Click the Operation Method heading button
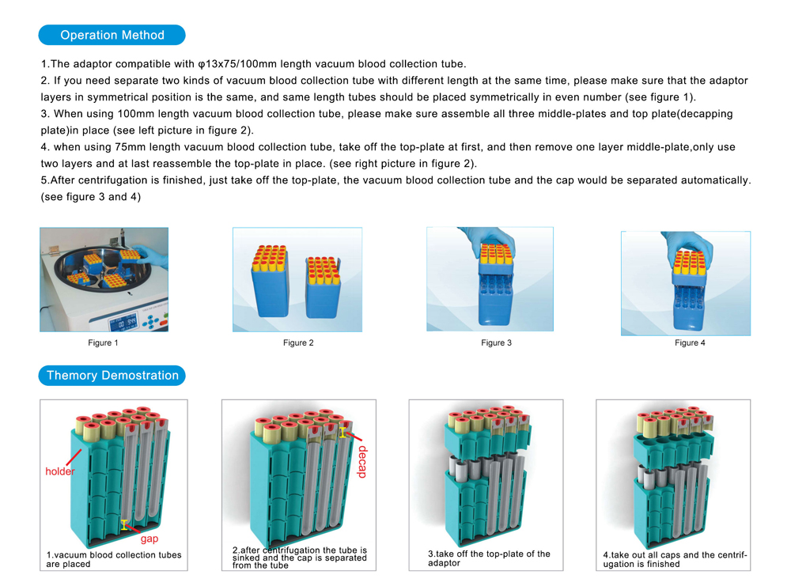[x=112, y=35]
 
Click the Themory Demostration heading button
[x=112, y=375]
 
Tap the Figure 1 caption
[x=104, y=342]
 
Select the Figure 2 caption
[x=298, y=342]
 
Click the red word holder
[x=60, y=471]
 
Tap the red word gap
[x=149, y=539]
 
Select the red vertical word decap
[x=362, y=462]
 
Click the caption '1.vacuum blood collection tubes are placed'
[x=114, y=559]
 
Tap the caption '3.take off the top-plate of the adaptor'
[x=489, y=558]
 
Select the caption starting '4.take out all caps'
[x=675, y=559]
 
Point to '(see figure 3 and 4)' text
[x=91, y=197]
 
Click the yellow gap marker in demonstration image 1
[x=124, y=524]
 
